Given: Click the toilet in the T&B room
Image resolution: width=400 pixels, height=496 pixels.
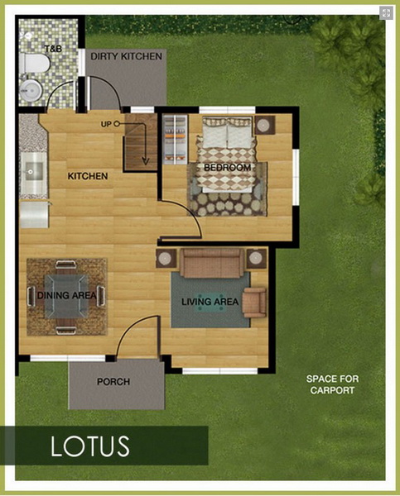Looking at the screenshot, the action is [x=34, y=63].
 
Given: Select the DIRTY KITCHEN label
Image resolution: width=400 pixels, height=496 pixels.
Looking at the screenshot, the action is [x=126, y=56].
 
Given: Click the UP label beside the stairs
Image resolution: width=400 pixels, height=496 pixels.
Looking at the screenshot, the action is [x=106, y=124].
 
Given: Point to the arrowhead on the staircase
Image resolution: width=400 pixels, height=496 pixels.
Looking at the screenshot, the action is [x=145, y=161].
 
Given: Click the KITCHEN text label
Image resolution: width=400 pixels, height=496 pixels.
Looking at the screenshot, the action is [x=88, y=176].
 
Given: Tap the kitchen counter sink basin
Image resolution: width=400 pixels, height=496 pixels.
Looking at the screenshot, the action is [x=34, y=171].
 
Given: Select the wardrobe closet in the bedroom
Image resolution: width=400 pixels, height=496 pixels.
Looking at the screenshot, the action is [x=175, y=140].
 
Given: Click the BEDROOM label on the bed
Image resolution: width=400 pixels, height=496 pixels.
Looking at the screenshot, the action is [x=227, y=167].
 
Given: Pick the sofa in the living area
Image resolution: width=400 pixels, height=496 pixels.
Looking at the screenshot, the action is [x=212, y=263].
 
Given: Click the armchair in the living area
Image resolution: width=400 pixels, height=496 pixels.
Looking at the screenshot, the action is [x=254, y=302].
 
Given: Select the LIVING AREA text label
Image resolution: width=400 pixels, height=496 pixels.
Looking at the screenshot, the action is [x=210, y=302].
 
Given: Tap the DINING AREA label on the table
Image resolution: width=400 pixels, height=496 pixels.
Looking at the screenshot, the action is [x=66, y=295].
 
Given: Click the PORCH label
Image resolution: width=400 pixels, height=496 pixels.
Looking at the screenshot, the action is [x=113, y=382].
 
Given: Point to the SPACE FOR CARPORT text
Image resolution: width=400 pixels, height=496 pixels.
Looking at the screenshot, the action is [x=332, y=384].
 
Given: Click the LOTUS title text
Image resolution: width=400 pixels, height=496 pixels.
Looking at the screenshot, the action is [x=90, y=446].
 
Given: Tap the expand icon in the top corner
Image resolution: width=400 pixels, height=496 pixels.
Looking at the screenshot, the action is [x=386, y=13].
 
